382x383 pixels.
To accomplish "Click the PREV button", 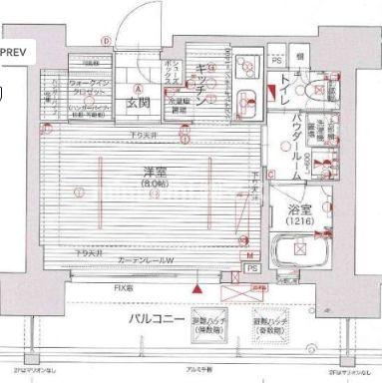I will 15,47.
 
